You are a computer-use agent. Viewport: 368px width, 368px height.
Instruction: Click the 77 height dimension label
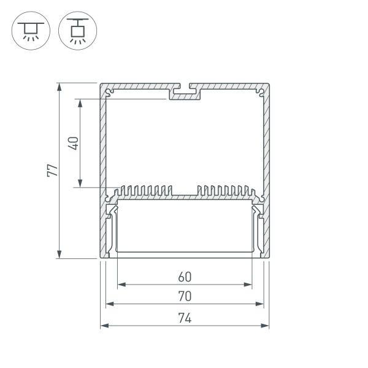click(x=54, y=170)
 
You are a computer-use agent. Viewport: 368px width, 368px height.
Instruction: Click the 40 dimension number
click(x=73, y=143)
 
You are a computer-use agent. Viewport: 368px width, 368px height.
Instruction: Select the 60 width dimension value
click(x=185, y=275)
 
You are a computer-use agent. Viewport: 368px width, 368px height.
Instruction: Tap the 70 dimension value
click(x=185, y=296)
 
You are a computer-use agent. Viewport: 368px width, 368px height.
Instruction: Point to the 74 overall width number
click(x=185, y=318)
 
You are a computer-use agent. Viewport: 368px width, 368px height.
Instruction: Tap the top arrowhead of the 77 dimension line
click(x=59, y=86)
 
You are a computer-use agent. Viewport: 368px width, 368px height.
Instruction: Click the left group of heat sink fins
click(x=147, y=191)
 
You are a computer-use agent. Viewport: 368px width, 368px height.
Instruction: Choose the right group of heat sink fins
click(x=223, y=191)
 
